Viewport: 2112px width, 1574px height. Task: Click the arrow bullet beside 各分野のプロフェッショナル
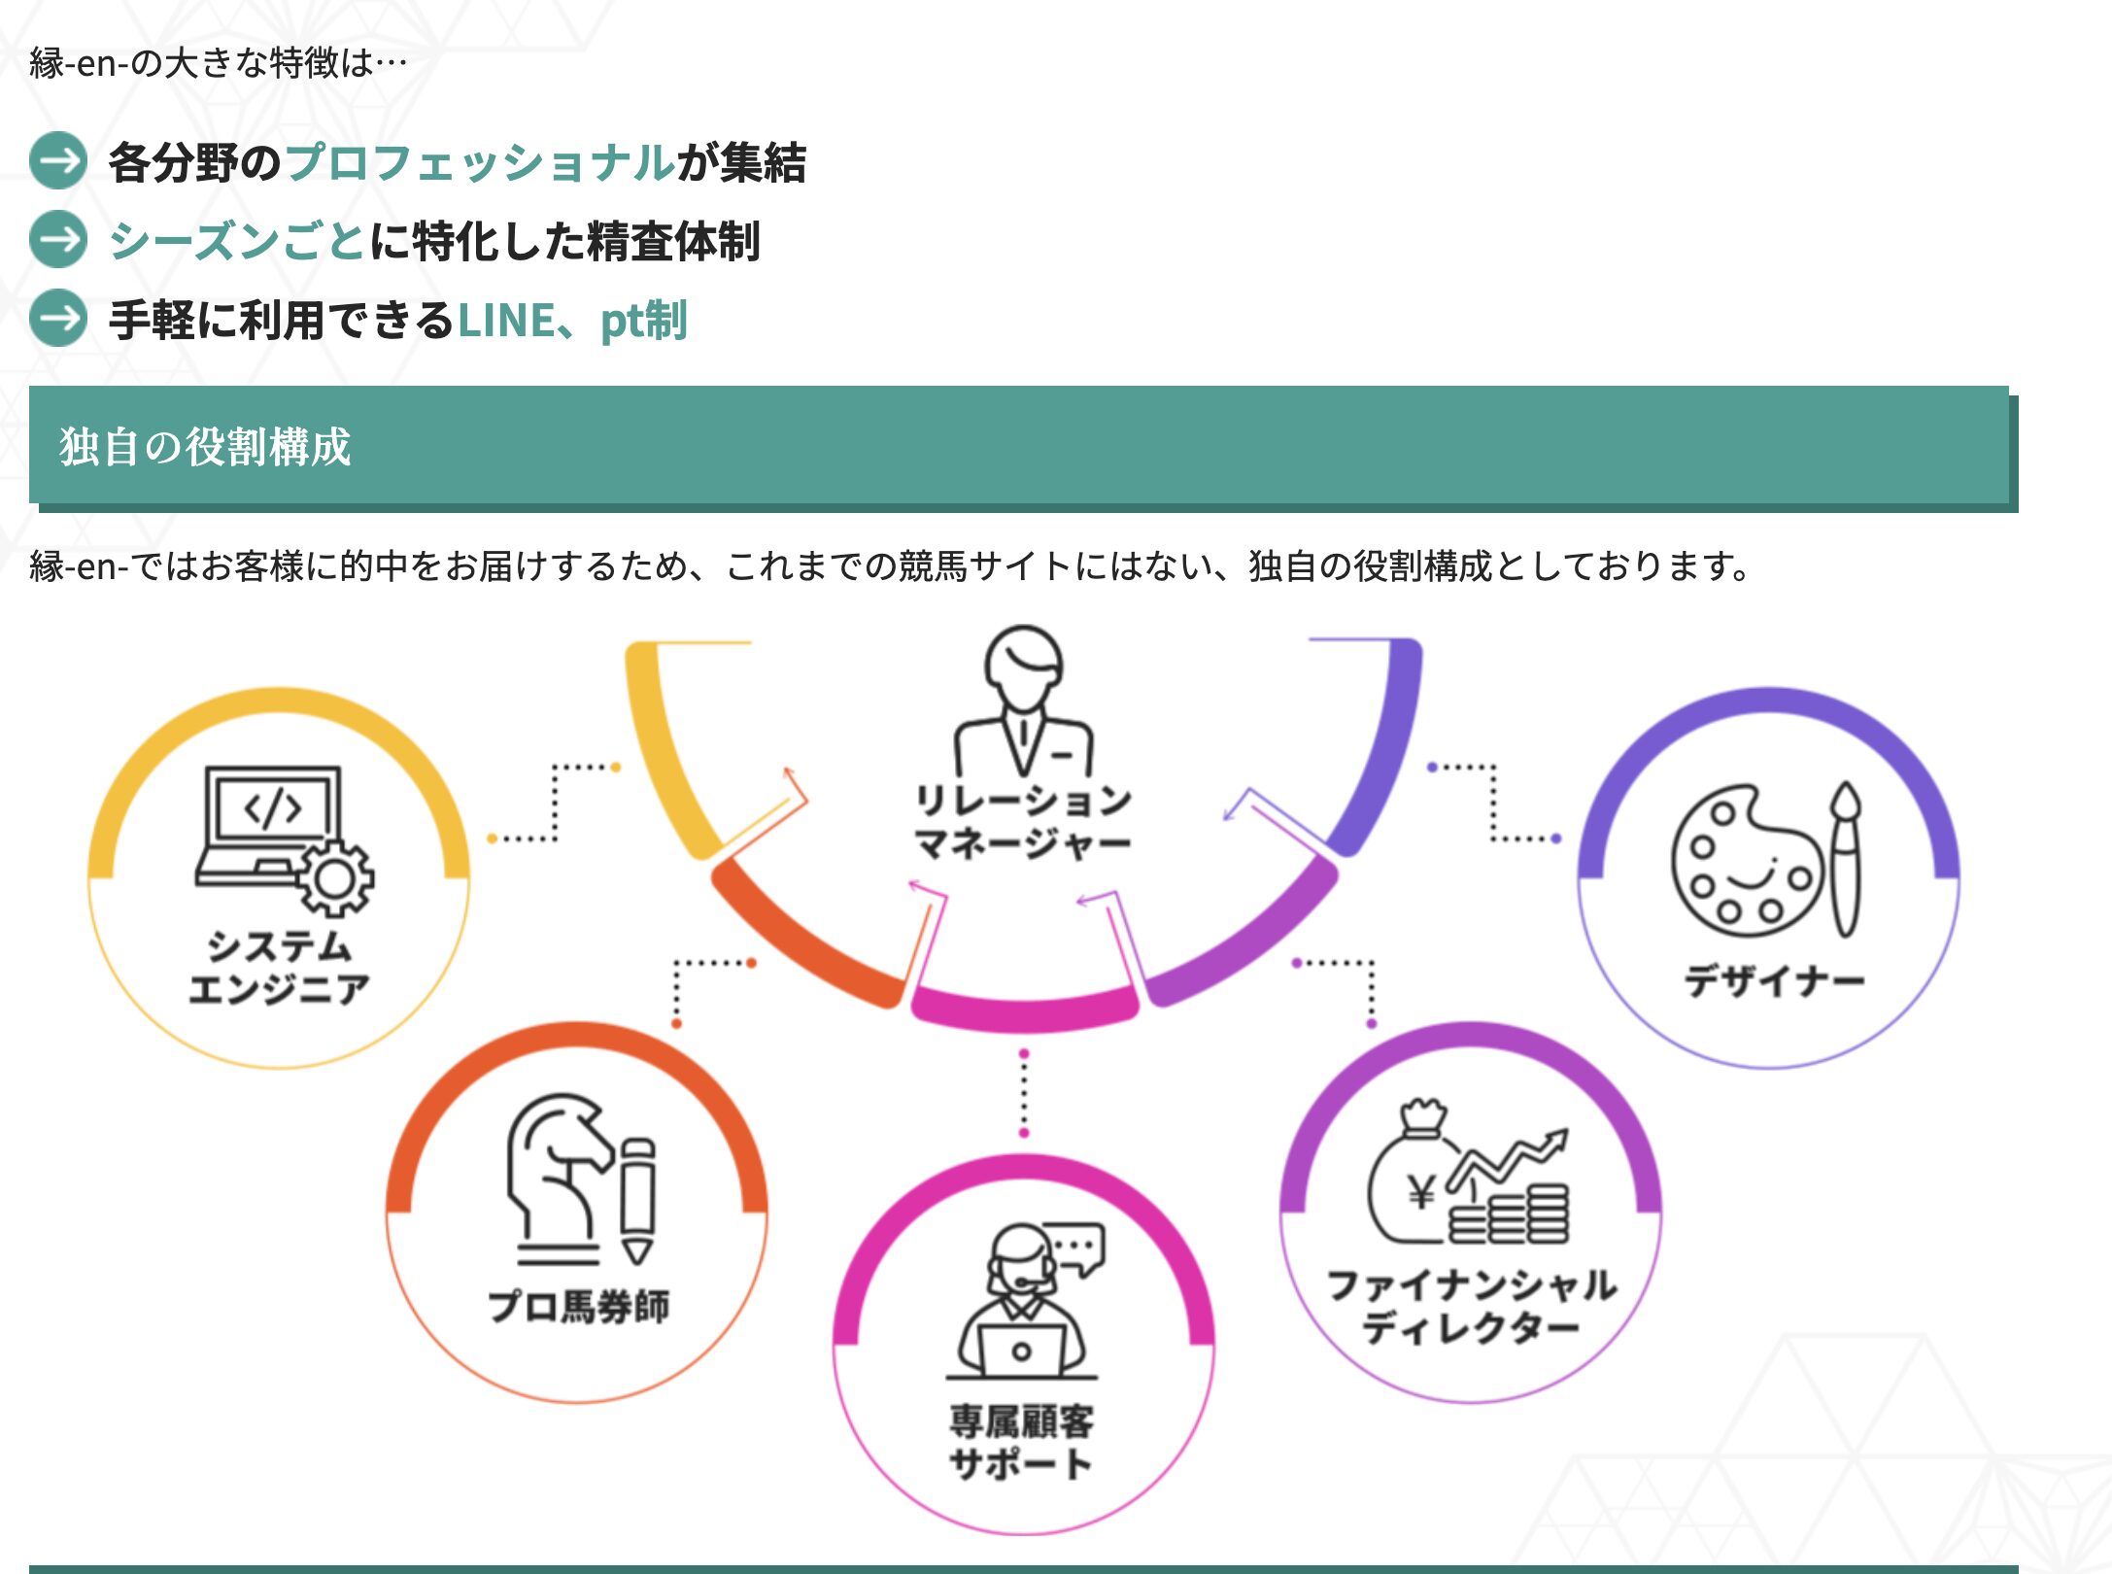tap(58, 160)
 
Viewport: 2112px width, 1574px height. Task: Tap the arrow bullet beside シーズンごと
tap(58, 239)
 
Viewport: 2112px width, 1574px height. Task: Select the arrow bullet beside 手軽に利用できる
tap(58, 319)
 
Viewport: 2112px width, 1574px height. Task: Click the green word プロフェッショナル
tap(479, 161)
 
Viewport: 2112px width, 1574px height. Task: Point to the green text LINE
tap(505, 320)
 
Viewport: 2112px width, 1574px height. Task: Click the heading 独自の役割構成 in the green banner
tap(204, 447)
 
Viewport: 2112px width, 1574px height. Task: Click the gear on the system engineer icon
tap(335, 879)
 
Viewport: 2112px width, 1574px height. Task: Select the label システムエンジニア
tap(279, 967)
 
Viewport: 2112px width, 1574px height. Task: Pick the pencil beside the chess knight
tap(638, 1200)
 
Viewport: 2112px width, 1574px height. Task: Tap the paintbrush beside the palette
tap(1845, 860)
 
